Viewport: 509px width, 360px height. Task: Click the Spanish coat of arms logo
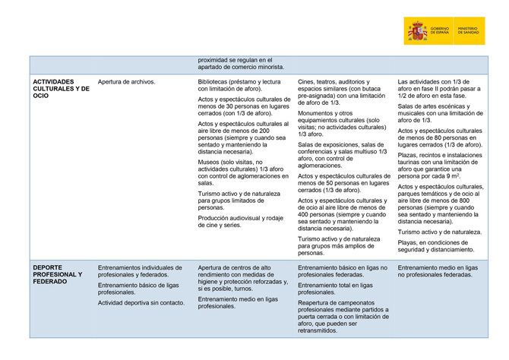pos(417,31)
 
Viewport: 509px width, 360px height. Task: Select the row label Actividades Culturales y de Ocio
pos(61,89)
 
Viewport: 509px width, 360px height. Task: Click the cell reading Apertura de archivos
pos(126,81)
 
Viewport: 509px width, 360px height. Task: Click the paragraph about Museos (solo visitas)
pos(237,172)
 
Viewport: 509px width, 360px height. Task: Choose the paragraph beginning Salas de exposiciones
pos(340,155)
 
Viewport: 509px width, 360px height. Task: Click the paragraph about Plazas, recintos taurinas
pos(439,165)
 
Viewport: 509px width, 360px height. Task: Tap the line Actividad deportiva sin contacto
pos(141,302)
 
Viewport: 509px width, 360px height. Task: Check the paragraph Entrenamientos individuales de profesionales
pos(141,270)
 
